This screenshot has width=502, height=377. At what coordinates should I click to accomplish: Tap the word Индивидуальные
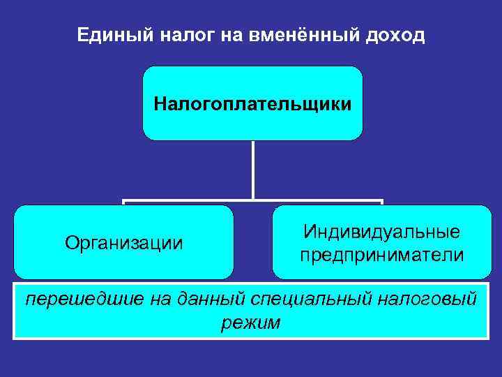click(381, 231)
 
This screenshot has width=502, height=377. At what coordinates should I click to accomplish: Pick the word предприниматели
click(381, 255)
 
